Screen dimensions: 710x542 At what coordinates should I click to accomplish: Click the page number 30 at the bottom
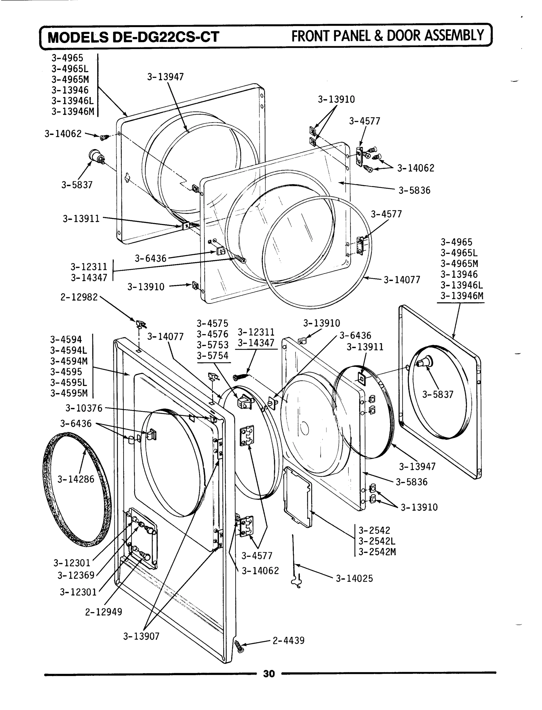269,674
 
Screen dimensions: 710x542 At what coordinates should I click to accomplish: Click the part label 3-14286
76,479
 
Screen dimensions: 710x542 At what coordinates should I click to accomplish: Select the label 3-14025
354,579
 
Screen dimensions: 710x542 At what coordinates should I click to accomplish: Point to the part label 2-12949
103,612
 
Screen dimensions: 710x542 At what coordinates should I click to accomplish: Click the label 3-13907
141,636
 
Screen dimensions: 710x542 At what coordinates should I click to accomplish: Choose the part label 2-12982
79,297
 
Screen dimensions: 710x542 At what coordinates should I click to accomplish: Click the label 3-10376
84,408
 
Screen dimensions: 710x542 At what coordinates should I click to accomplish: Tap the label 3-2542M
377,552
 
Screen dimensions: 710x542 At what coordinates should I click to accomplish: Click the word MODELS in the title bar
78,37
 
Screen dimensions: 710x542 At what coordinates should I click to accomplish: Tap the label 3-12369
76,575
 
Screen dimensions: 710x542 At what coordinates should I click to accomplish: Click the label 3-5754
213,356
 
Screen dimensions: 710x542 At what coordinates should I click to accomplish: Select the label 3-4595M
69,393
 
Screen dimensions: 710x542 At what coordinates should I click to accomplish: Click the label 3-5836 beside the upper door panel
414,191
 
